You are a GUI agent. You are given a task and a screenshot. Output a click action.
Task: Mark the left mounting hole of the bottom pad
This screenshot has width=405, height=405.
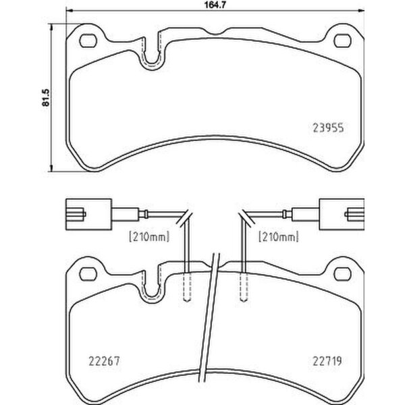click(87, 273)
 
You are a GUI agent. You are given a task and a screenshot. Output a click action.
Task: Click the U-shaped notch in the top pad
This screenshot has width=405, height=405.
click(152, 59)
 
